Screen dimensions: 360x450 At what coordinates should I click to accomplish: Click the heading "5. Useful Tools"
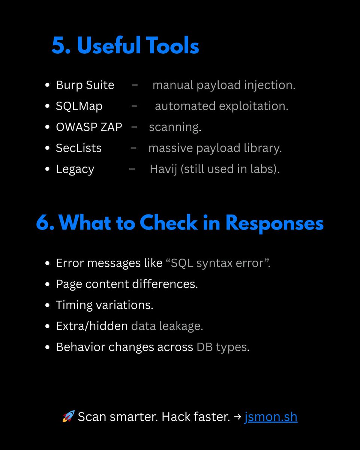(x=125, y=46)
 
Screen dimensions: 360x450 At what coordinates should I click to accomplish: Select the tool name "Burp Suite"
(x=85, y=85)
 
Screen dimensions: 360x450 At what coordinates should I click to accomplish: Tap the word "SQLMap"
(x=79, y=106)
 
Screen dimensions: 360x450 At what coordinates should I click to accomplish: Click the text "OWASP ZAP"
(x=89, y=127)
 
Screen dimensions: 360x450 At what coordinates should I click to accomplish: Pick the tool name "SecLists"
(x=79, y=148)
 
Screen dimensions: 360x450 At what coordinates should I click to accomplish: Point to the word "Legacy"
(x=75, y=169)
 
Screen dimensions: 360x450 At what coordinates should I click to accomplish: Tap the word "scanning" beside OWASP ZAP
(x=174, y=127)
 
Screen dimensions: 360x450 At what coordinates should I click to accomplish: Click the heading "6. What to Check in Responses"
(x=180, y=223)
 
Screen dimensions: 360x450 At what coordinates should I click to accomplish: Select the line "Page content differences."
(x=127, y=284)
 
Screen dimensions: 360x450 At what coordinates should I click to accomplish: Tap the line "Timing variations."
(x=105, y=305)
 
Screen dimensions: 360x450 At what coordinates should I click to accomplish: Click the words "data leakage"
(x=166, y=326)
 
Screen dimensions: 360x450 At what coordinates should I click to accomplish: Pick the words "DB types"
(x=222, y=347)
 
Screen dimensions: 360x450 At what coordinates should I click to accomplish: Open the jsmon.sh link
(x=271, y=417)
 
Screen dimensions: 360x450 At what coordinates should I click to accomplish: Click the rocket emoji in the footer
(x=68, y=416)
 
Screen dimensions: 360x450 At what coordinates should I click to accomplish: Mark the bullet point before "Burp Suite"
(x=47, y=85)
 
